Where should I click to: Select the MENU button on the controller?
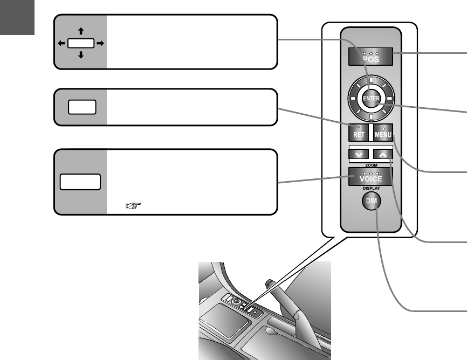coord(383,133)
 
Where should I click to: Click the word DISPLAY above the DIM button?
coord(370,189)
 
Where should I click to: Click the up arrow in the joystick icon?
coord(80,32)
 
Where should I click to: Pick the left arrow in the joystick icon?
coord(60,43)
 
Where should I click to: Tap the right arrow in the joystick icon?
coord(101,43)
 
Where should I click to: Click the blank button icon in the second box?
coord(82,107)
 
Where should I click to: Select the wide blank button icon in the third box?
coord(80,182)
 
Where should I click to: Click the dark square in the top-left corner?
coord(17,17)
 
